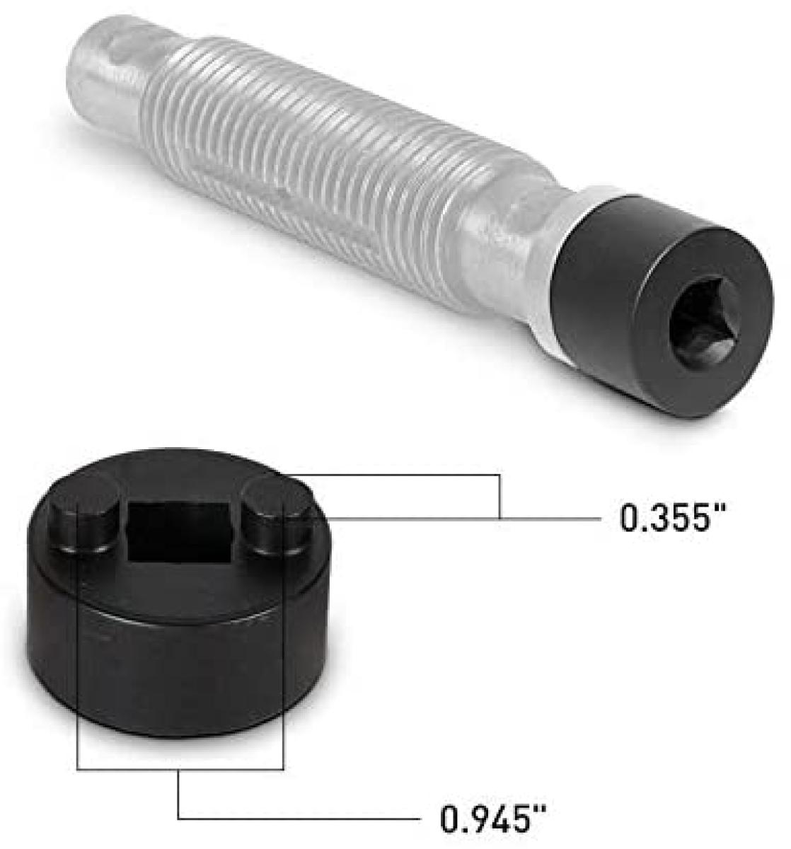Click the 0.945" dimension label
coord(495,821)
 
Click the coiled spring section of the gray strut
coord(297,170)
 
